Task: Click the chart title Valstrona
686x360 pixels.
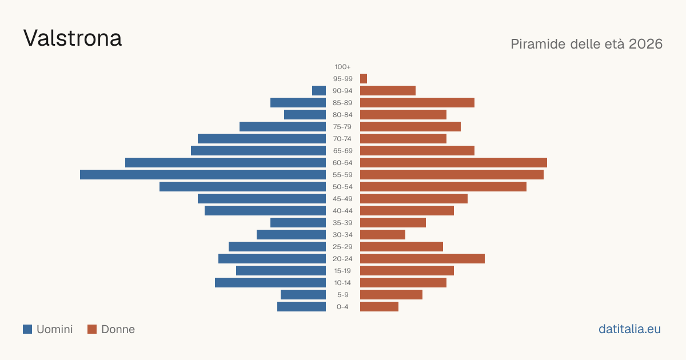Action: [x=73, y=38]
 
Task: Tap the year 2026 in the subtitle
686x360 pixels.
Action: [x=645, y=44]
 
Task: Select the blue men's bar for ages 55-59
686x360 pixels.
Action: [x=203, y=175]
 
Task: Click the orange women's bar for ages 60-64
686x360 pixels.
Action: [x=453, y=163]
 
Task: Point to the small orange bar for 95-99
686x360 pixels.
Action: [x=364, y=79]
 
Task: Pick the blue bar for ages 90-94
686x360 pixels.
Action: [x=319, y=91]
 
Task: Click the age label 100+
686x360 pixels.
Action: [x=342, y=67]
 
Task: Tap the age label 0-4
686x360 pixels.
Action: [x=342, y=307]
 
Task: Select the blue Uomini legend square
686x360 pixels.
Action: [x=27, y=329]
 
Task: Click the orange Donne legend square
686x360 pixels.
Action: [x=92, y=329]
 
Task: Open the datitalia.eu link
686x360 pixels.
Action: [x=629, y=329]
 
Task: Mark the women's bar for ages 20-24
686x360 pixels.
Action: [x=422, y=259]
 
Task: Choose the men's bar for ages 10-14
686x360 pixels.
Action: [x=270, y=282]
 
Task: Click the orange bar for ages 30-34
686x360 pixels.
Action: [x=382, y=235]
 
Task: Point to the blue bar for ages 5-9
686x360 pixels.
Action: [x=303, y=295]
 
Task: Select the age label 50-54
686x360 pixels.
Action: [x=342, y=187]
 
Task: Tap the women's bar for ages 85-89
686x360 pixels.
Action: [x=417, y=102]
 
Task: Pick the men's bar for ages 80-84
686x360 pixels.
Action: [x=305, y=115]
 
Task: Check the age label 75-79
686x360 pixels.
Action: [x=342, y=127]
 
